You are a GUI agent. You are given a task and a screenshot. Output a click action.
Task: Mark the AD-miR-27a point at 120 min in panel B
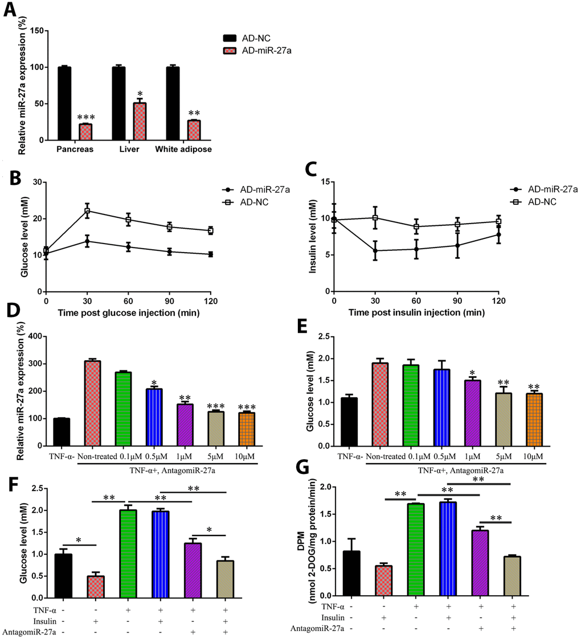(x=210, y=254)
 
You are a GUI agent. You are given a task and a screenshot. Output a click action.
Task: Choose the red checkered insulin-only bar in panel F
(x=96, y=587)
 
